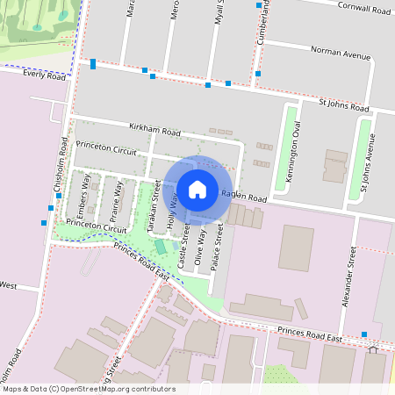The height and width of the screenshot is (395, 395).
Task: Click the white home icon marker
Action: [x=197, y=189]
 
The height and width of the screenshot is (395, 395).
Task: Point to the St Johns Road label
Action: [x=344, y=105]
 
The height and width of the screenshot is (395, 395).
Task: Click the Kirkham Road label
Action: [x=154, y=132]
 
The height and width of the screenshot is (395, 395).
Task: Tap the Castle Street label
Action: [x=184, y=245]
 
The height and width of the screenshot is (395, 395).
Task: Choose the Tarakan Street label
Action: [x=153, y=207]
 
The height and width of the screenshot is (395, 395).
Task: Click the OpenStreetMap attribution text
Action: [x=88, y=389]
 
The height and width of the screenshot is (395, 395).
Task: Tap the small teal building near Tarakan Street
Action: [x=160, y=247]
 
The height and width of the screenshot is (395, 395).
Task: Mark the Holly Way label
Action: [x=172, y=212]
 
